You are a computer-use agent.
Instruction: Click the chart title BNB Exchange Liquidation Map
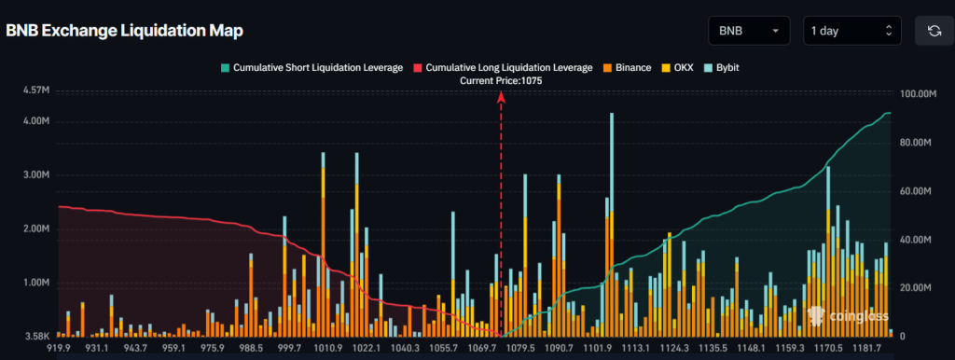tap(125, 31)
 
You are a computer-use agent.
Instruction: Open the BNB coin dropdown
tap(749, 31)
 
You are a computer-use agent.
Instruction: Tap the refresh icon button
tap(934, 31)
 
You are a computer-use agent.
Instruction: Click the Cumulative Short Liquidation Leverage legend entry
tap(311, 68)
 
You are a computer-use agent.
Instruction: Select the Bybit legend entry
tap(719, 68)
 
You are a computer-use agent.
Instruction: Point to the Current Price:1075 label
tap(501, 81)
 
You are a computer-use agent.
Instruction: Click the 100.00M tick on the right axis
tap(917, 94)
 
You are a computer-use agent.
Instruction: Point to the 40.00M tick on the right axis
tap(915, 240)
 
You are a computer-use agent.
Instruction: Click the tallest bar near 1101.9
tap(611, 224)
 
